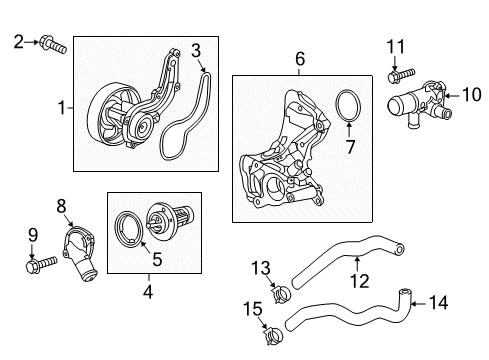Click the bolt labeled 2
coord(53,45)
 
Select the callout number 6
coord(300,59)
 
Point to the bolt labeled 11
coord(401,75)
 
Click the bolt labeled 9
coord(41,264)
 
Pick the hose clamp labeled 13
coord(281,293)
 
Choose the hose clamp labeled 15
coord(273,335)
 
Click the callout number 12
coord(360,281)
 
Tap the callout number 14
coord(438,303)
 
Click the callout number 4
coord(148,292)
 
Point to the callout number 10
coord(472,94)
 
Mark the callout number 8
coord(61,206)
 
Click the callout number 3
coord(196,51)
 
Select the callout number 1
coord(62,108)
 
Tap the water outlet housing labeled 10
coord(419,104)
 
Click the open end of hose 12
coord(400,248)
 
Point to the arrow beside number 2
coord(32,42)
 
